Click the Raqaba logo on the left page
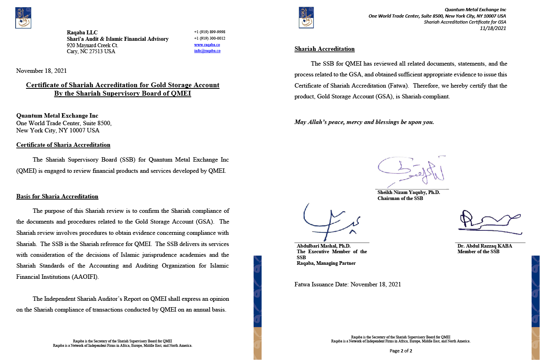[x=23, y=18]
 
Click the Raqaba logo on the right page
[x=306, y=18]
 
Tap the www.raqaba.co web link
[x=207, y=45]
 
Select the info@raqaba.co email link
[x=207, y=51]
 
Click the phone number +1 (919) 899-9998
[x=210, y=32]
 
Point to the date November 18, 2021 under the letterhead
[x=41, y=71]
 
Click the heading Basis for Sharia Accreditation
[x=57, y=196]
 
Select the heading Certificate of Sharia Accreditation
[x=63, y=145]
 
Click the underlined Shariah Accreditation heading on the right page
[x=324, y=49]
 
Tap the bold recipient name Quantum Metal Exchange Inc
[x=57, y=116]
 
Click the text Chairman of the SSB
[x=400, y=198]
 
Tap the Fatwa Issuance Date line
[x=348, y=284]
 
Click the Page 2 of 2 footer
[x=401, y=351]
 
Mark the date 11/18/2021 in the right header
[x=493, y=28]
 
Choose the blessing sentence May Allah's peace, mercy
[x=364, y=122]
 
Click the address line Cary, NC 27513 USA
[x=91, y=51]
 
